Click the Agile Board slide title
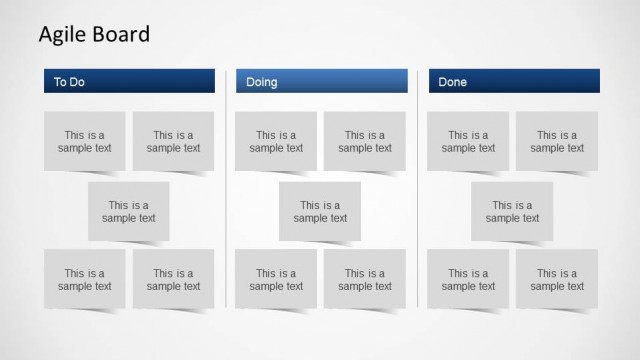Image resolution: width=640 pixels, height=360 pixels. pos(94,35)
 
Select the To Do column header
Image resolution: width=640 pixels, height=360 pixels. pos(128,81)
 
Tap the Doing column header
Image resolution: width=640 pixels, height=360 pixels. pos(321,81)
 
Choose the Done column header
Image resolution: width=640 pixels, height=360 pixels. pos(514,81)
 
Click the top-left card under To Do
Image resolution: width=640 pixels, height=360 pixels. pos(85,141)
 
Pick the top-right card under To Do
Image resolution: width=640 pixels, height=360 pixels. pos(173,141)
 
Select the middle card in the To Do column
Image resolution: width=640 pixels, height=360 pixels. pos(129,211)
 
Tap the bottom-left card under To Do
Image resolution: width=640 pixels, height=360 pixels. pos(85,279)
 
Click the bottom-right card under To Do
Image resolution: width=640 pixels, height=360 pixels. pos(173,279)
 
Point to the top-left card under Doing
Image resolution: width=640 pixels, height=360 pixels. pos(276,141)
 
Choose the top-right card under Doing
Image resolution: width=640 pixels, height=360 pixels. pos(365,141)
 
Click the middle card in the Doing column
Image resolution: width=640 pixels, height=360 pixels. pos(320,211)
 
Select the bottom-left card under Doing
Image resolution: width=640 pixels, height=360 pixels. pos(276,279)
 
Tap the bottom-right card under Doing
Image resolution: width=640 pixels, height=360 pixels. pos(365,279)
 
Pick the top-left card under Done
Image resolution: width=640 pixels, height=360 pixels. pos(468,141)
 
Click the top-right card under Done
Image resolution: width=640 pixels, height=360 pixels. pos(557,141)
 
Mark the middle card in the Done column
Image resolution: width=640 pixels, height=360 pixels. pos(512,211)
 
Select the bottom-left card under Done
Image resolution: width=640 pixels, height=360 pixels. pos(468,279)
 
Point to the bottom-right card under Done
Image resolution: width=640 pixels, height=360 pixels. pos(557,279)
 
